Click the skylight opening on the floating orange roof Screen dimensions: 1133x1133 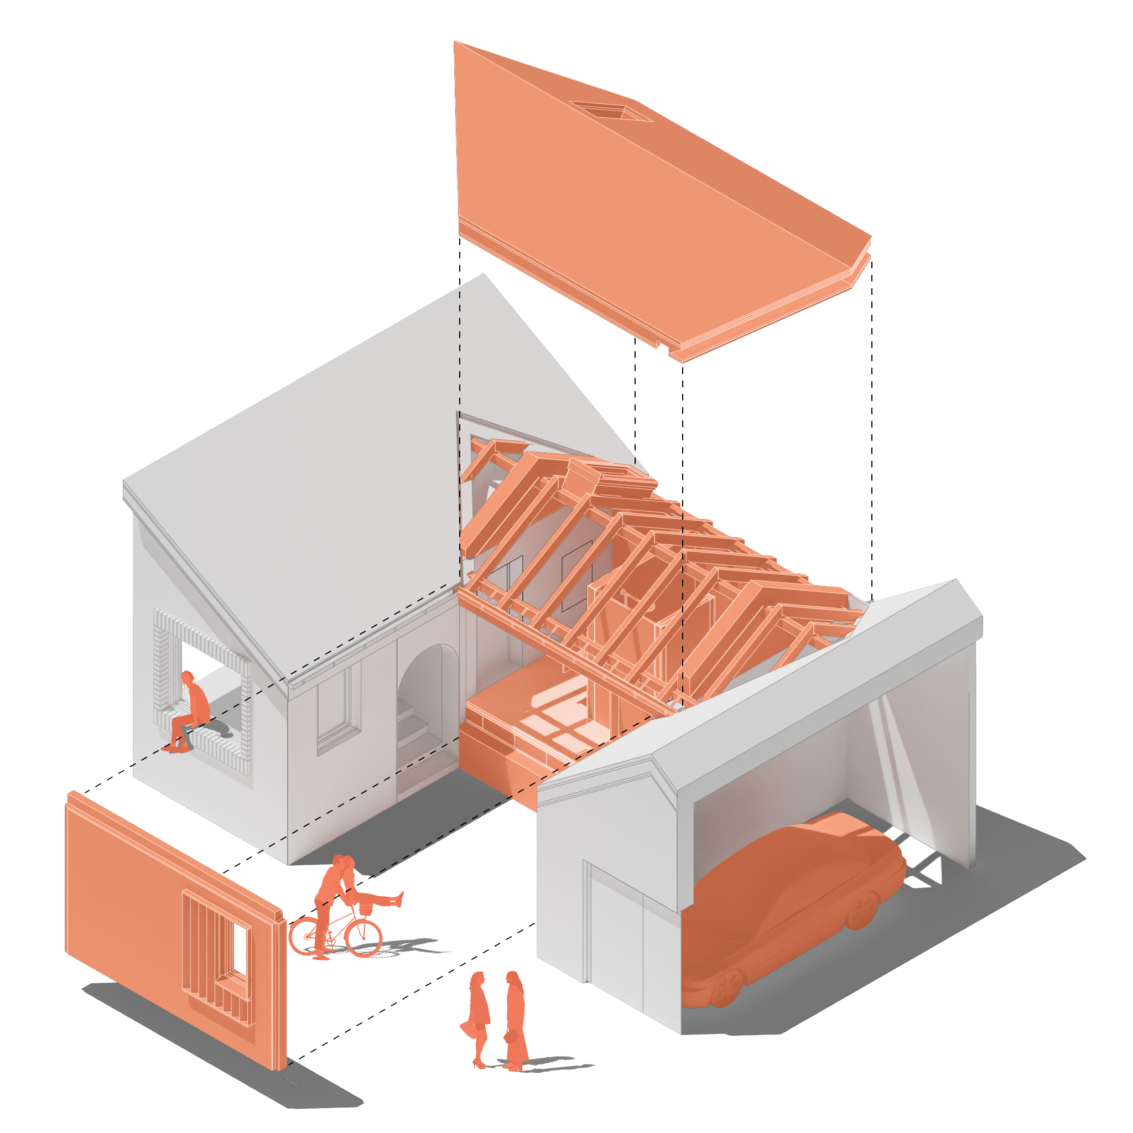610,110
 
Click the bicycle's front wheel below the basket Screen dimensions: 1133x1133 363,937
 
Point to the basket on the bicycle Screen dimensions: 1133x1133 366,909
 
